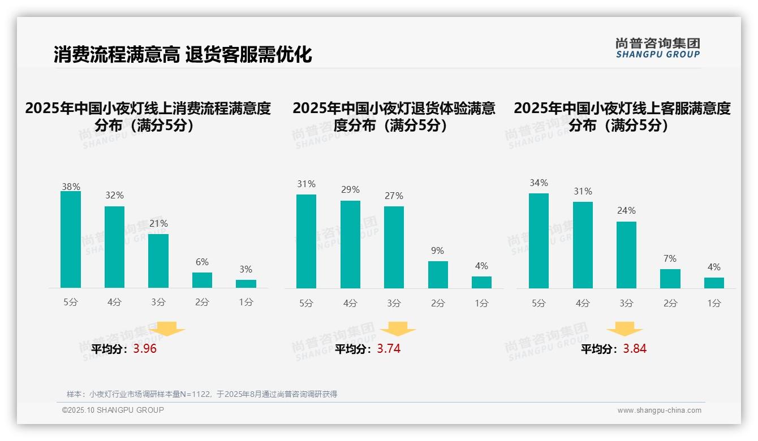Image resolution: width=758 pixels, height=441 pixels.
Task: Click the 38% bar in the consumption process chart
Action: click(x=71, y=239)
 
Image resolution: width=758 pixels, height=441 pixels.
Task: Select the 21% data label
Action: click(x=158, y=223)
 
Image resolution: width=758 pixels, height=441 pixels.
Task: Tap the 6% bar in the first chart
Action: click(x=202, y=280)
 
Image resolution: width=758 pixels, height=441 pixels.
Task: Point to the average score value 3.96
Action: click(x=145, y=349)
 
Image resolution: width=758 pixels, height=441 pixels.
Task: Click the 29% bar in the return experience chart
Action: click(x=350, y=244)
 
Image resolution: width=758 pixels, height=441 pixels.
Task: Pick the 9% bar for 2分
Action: click(x=438, y=275)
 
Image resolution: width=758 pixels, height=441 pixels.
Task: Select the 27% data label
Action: click(x=394, y=196)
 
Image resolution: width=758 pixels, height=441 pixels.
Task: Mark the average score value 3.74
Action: click(x=389, y=349)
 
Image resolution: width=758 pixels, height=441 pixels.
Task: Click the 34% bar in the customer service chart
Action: click(x=539, y=241)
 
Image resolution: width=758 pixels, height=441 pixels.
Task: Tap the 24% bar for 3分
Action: click(x=626, y=255)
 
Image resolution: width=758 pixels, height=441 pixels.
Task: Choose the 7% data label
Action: click(x=670, y=258)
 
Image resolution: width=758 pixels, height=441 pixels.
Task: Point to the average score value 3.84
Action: click(x=635, y=349)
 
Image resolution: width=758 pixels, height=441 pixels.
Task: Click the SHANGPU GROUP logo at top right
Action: click(x=658, y=48)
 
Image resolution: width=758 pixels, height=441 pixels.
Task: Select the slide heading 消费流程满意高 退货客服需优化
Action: click(x=183, y=55)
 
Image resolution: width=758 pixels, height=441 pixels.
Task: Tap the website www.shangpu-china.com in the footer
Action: click(x=659, y=410)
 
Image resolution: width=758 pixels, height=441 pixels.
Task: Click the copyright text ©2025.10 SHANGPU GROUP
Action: click(x=113, y=410)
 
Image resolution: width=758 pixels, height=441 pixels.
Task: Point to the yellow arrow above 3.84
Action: click(x=625, y=330)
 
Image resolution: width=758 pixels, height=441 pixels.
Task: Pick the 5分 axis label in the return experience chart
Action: click(x=306, y=303)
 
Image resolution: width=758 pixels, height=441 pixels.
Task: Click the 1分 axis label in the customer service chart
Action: click(x=714, y=303)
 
